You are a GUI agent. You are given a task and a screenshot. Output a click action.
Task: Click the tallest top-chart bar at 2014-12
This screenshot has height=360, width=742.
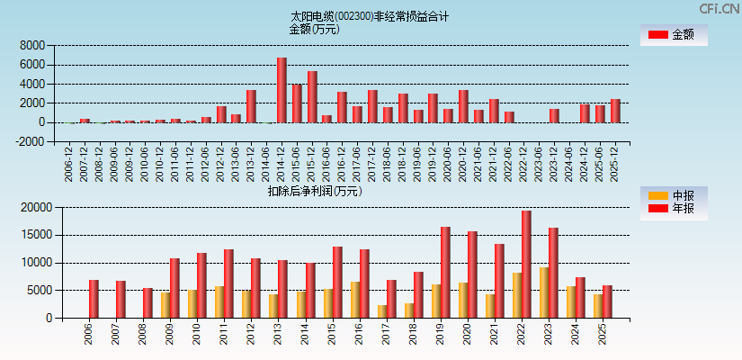point(282,90)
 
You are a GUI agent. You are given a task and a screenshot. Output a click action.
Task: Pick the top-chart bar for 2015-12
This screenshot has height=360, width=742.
point(312,97)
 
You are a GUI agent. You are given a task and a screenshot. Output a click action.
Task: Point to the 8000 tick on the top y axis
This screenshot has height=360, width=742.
point(31,46)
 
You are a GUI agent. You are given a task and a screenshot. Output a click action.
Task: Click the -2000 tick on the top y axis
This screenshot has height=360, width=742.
point(30,141)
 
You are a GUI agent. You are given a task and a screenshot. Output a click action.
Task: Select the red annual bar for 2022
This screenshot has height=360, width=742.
point(526,264)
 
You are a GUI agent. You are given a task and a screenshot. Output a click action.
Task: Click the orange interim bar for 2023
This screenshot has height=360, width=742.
point(544,292)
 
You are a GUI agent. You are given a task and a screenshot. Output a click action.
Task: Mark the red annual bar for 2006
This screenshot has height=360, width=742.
point(94,299)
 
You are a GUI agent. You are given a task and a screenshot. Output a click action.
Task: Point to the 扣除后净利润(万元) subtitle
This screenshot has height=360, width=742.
point(315,191)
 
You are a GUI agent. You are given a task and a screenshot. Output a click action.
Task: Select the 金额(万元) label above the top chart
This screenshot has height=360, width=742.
point(314,29)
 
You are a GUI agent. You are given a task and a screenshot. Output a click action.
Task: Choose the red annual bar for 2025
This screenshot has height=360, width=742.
point(607,301)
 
